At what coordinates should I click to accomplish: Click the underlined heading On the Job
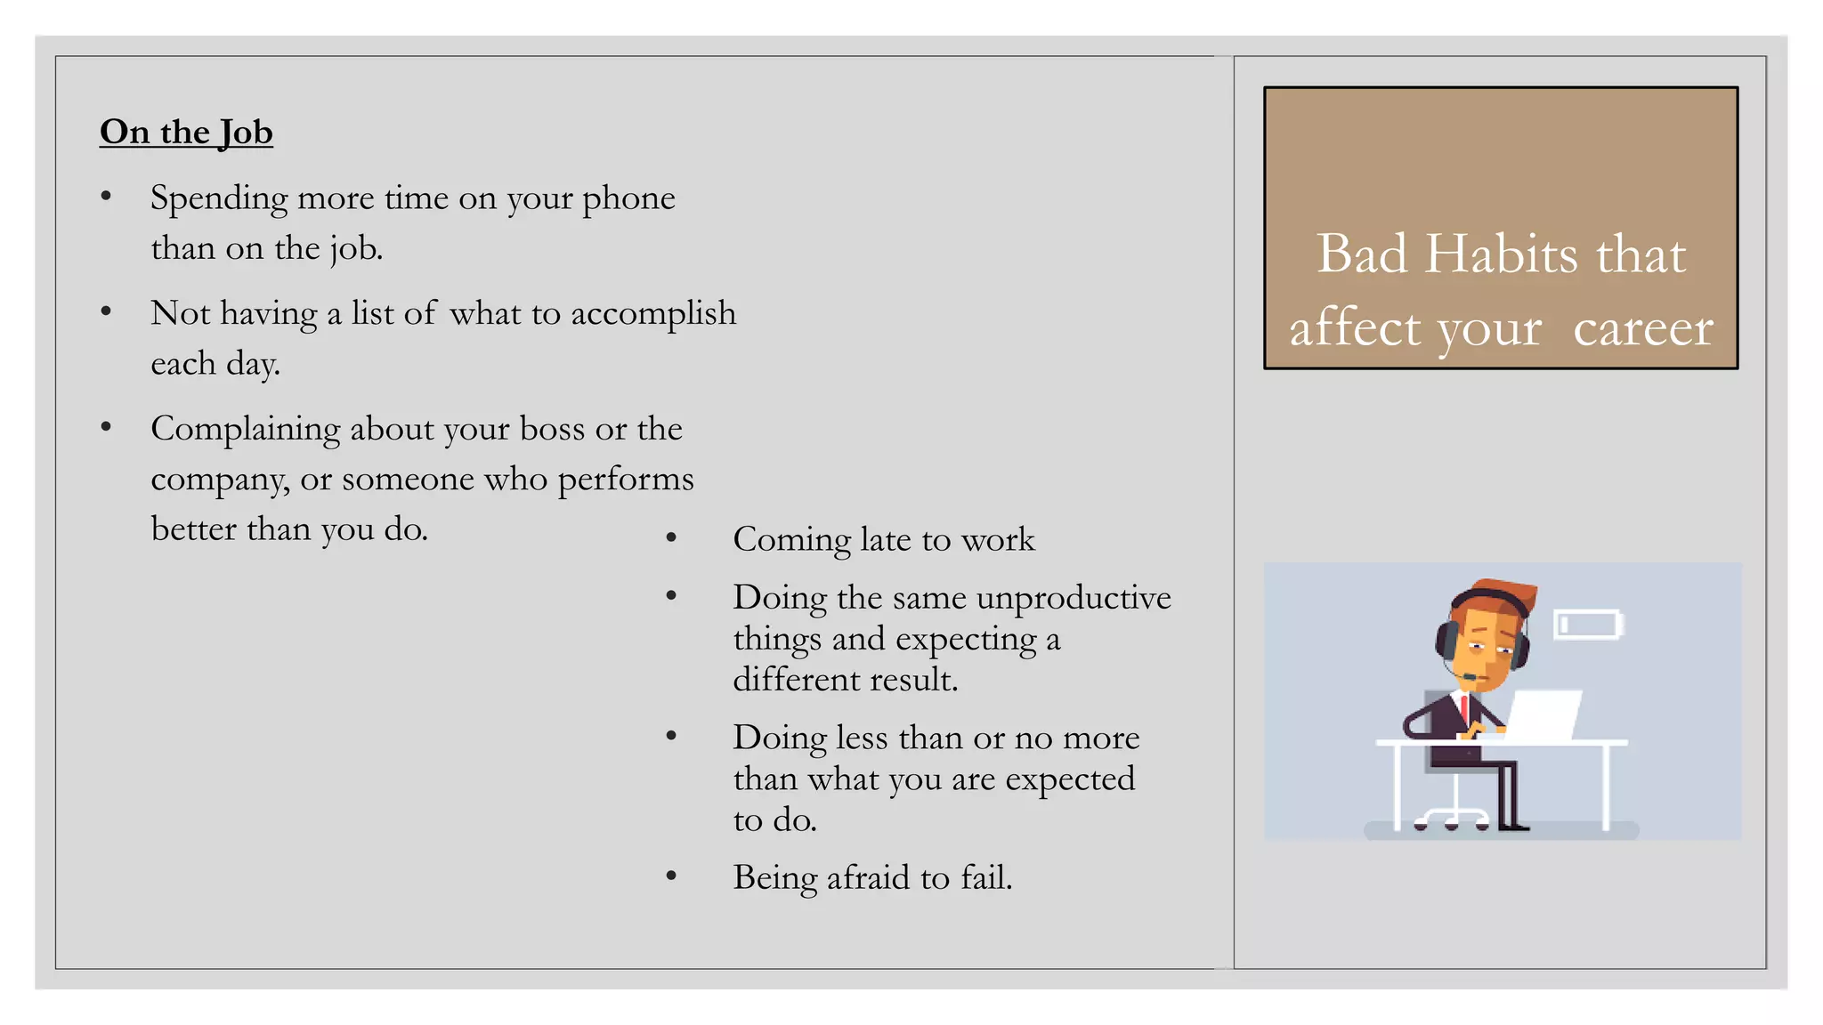(x=186, y=132)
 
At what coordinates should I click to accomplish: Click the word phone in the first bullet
(x=628, y=198)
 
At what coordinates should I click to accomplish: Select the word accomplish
(x=653, y=314)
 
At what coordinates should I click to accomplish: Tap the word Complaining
(x=246, y=430)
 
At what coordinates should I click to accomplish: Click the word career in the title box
(x=1642, y=327)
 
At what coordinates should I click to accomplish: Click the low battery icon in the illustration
(x=1588, y=624)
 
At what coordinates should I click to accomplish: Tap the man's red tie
(x=1463, y=709)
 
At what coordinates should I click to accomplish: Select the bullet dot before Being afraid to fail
(x=671, y=877)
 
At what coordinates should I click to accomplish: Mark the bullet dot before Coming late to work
(x=671, y=538)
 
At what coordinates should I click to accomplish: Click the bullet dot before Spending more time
(x=106, y=197)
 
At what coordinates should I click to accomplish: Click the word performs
(x=625, y=480)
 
